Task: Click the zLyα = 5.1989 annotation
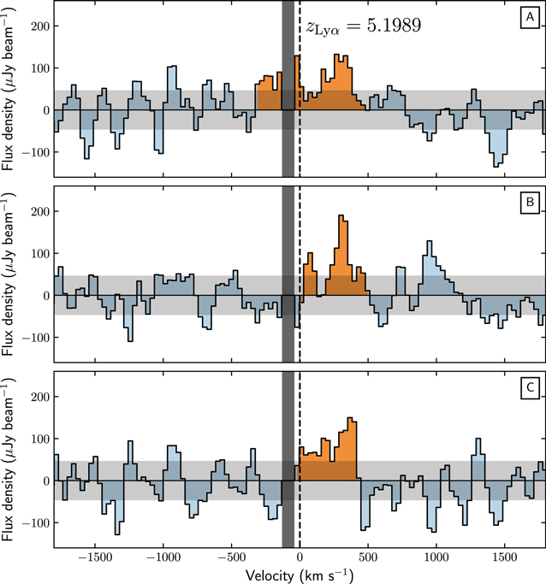[363, 26]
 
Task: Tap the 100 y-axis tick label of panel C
[38, 439]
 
